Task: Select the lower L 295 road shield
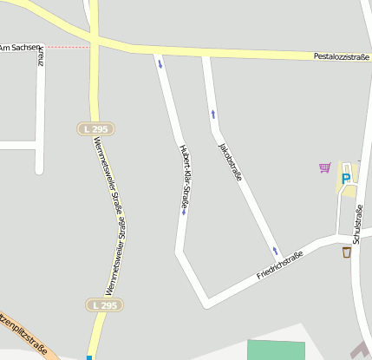(103, 305)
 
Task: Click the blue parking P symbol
(346, 179)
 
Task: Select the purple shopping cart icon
(324, 167)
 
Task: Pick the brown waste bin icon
(346, 252)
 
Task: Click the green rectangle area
(276, 350)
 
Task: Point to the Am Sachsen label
(16, 47)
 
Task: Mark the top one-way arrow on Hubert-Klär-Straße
(160, 62)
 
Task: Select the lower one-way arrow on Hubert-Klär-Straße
(184, 212)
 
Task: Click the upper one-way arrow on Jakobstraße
(212, 114)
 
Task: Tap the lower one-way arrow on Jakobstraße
(276, 252)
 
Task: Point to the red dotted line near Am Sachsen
(65, 47)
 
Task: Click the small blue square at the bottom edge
(88, 357)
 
